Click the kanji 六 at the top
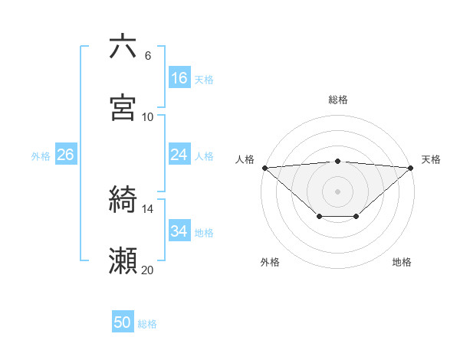pyautogui.click(x=123, y=47)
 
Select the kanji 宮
pyautogui.click(x=123, y=108)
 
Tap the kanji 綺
pyautogui.click(x=123, y=201)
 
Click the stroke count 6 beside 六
pyautogui.click(x=147, y=55)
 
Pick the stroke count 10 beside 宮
pyautogui.click(x=147, y=116)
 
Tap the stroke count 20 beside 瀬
pyautogui.click(x=147, y=270)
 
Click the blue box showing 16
pyautogui.click(x=179, y=78)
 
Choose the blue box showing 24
pyautogui.click(x=179, y=155)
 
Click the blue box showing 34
pyautogui.click(x=179, y=231)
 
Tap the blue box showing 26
pyautogui.click(x=65, y=155)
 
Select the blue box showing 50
pyautogui.click(x=123, y=323)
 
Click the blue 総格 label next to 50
pyautogui.click(x=147, y=324)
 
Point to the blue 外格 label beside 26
pyautogui.click(x=41, y=155)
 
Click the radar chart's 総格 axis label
pyautogui.click(x=338, y=100)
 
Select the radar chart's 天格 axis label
pyautogui.click(x=431, y=159)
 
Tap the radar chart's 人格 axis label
pyautogui.click(x=245, y=159)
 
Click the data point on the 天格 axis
pyautogui.click(x=411, y=168)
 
